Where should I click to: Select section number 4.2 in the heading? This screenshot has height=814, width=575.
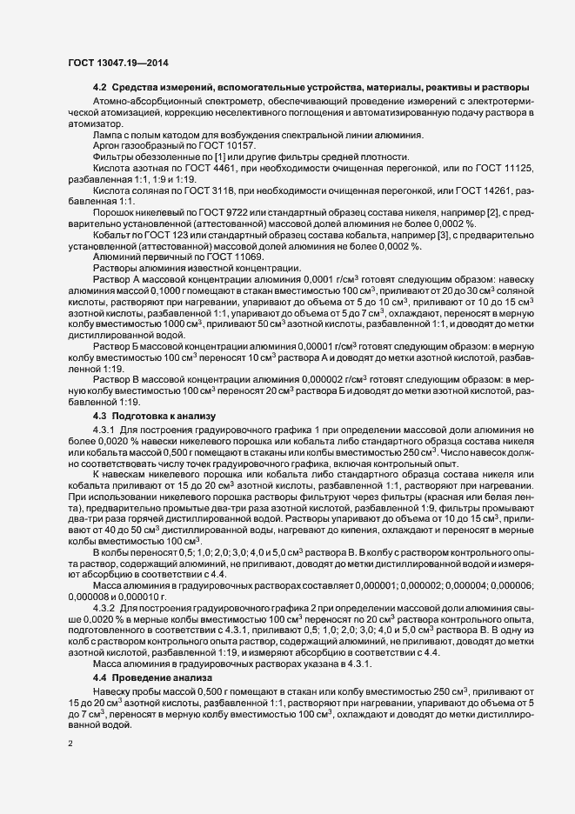(x=98, y=88)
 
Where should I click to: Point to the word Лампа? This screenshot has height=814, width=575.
(x=107, y=132)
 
